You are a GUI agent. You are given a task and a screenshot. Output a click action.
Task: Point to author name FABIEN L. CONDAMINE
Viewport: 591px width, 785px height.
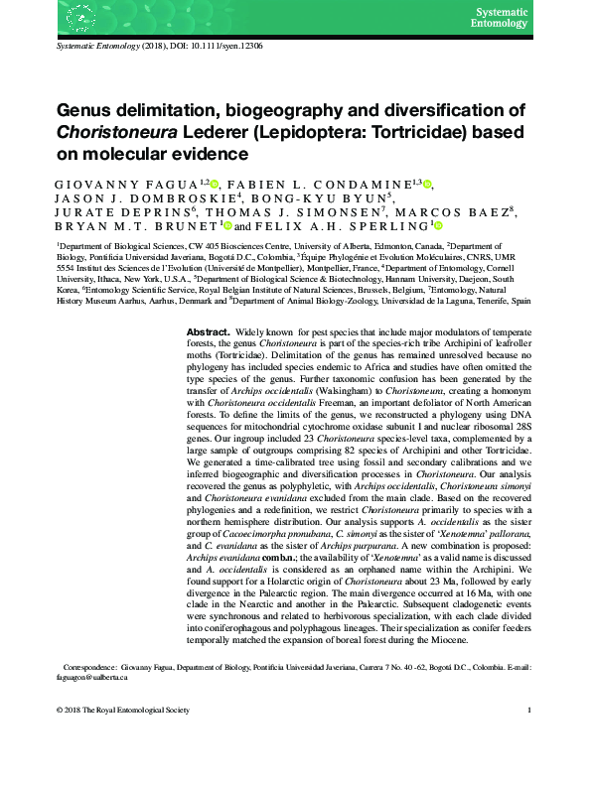pos(328,184)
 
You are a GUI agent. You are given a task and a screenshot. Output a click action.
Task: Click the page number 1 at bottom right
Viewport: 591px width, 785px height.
pos(530,711)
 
